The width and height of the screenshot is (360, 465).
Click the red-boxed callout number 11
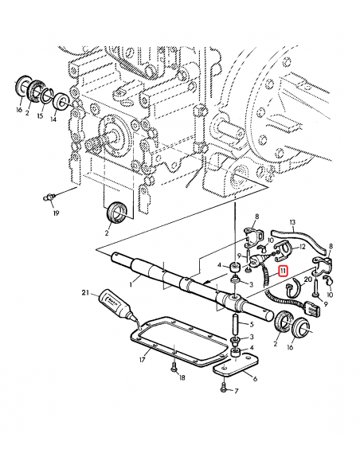[x=283, y=271]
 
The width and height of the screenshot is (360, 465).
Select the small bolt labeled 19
[x=49, y=194]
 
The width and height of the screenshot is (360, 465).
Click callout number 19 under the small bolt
[x=56, y=213]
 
